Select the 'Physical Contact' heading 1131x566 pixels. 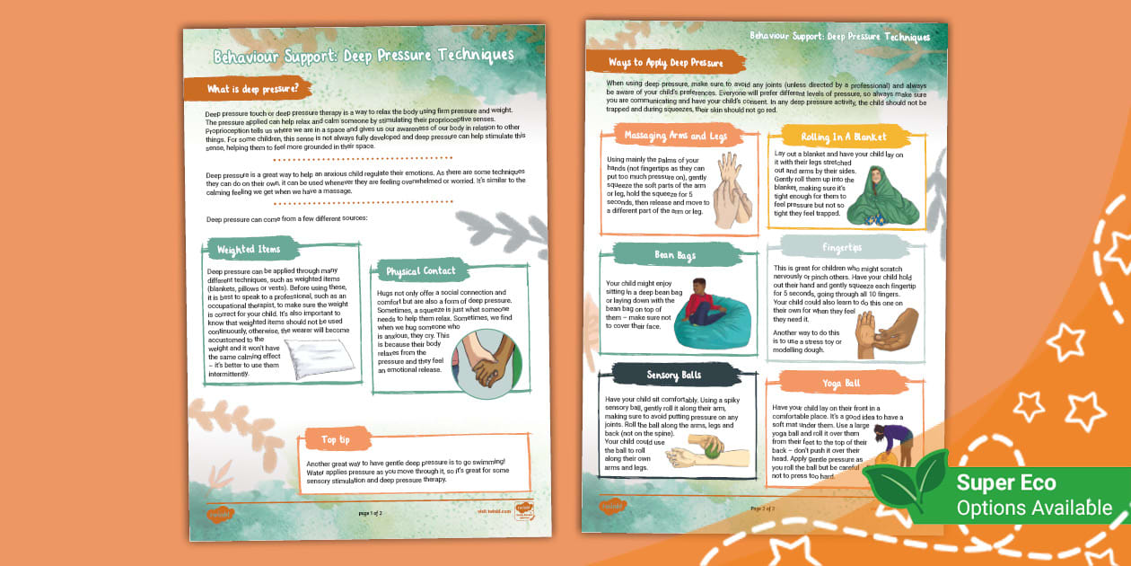421,270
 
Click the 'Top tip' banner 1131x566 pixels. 335,439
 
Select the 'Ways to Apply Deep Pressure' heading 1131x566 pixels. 665,62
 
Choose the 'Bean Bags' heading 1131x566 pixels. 675,255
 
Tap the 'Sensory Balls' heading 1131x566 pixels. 673,375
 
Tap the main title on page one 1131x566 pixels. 364,56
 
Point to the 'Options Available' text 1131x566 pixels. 1034,508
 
